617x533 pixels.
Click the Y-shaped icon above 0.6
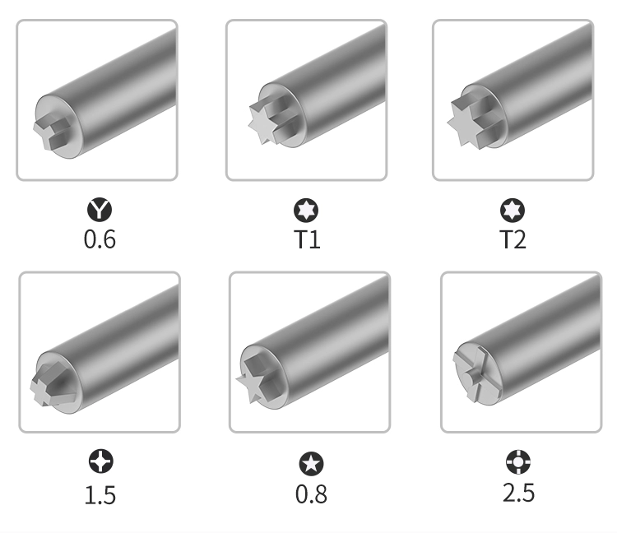coord(100,209)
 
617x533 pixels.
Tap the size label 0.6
coord(100,239)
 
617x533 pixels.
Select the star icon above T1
coord(306,210)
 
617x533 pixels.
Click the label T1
coord(307,239)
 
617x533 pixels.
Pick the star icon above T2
coord(513,210)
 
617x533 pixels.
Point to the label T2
coord(513,239)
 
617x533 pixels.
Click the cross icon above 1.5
coord(101,461)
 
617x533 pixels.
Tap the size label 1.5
coord(100,495)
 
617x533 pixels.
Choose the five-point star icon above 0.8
coord(311,464)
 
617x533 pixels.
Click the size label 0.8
coord(311,494)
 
